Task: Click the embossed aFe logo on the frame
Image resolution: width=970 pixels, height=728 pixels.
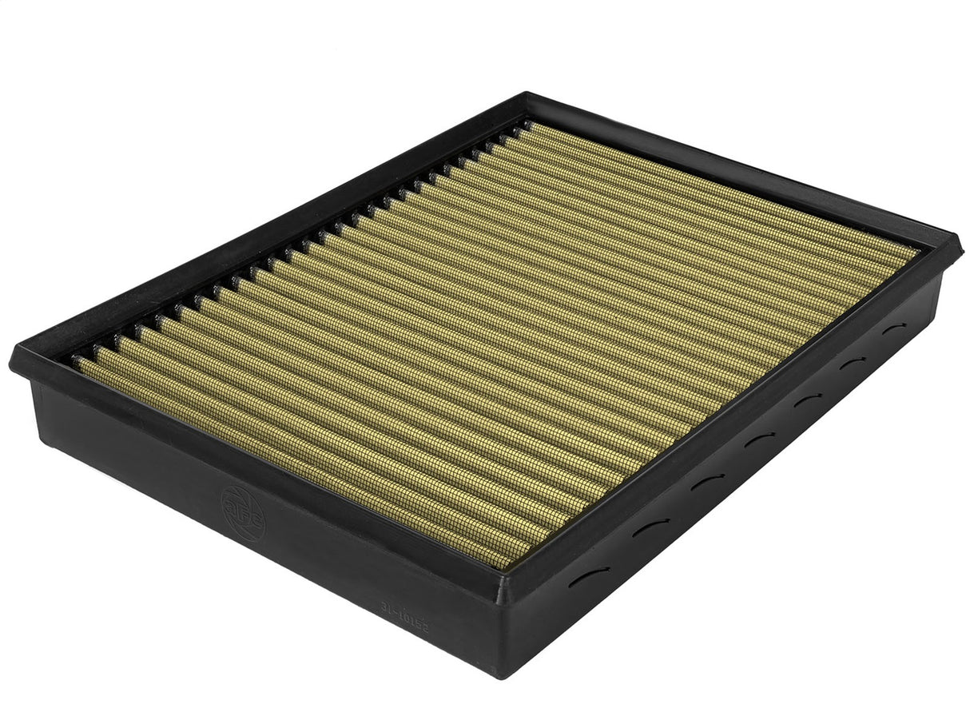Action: pyautogui.click(x=243, y=510)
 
